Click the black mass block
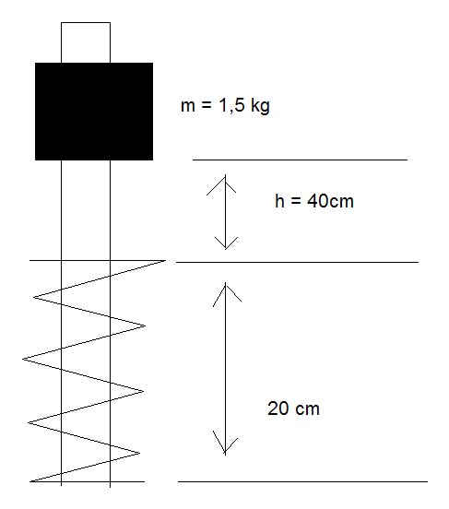click(x=94, y=112)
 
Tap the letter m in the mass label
click(x=188, y=106)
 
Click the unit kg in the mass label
click(x=260, y=106)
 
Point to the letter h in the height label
click(x=279, y=201)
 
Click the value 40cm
click(x=330, y=201)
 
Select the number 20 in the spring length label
click(x=278, y=408)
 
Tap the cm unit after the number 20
click(x=307, y=409)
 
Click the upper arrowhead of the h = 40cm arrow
click(x=224, y=183)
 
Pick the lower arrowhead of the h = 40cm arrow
click(x=226, y=243)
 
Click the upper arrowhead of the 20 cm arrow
click(x=226, y=293)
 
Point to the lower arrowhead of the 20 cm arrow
click(x=225, y=443)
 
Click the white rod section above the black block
click(x=86, y=42)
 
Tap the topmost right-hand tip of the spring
click(x=165, y=260)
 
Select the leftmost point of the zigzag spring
click(x=22, y=359)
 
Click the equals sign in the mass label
click(x=207, y=105)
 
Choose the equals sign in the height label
click(x=295, y=201)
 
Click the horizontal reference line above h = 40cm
click(x=300, y=160)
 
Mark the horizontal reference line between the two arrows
click(x=298, y=262)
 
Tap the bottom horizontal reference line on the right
click(x=302, y=481)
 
